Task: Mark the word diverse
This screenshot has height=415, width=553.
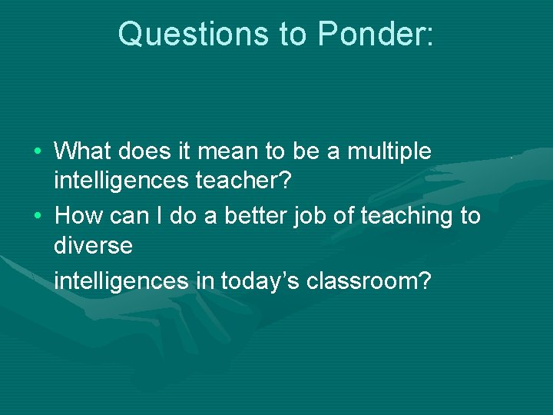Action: (93, 247)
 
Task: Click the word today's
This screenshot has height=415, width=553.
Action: (260, 281)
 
